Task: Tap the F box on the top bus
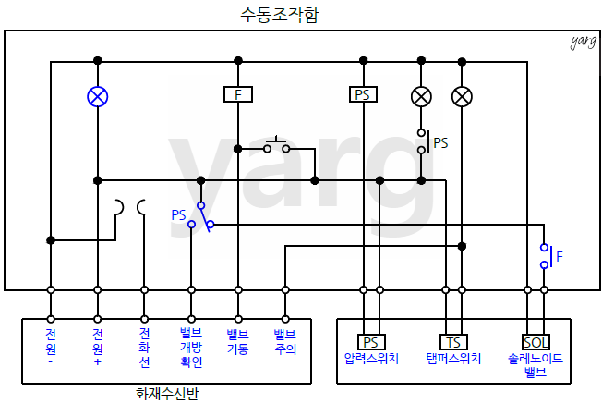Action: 238,94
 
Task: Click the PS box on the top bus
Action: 364,94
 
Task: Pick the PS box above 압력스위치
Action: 371,342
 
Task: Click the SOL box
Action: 536,342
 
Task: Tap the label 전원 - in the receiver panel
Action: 51,341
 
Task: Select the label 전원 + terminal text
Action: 97,341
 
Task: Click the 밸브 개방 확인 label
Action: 191,347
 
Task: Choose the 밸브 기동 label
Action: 238,340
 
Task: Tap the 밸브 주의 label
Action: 284,340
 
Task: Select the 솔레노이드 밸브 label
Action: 536,365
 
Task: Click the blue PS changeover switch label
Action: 178,214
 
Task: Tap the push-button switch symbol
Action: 276,145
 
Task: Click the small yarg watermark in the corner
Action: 583,42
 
